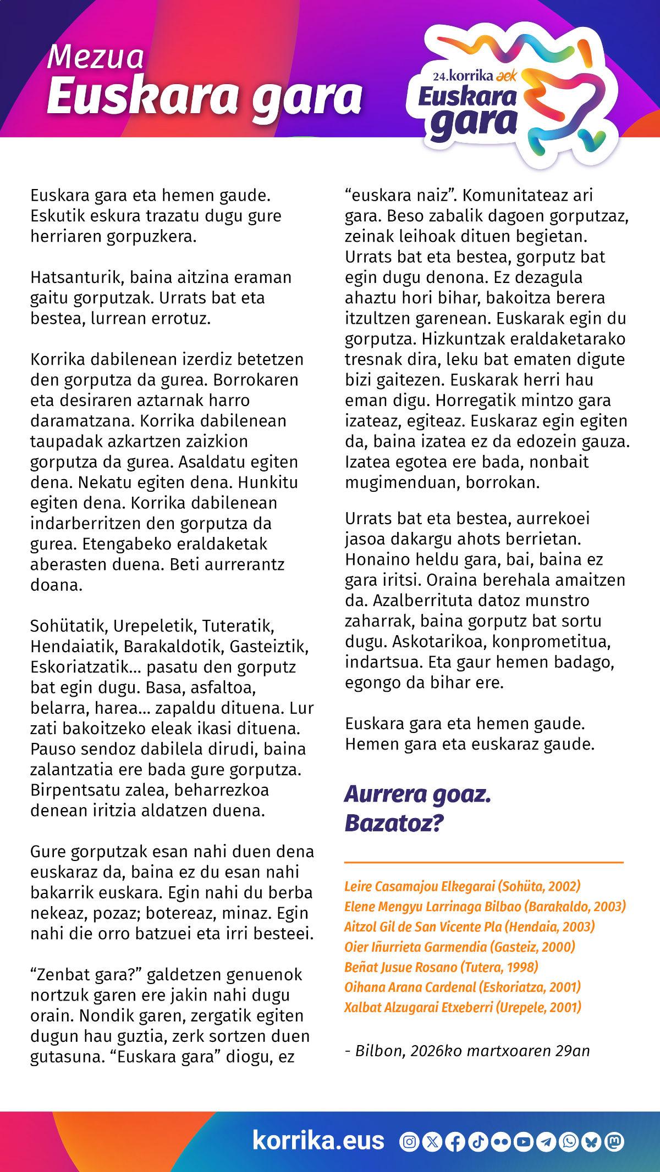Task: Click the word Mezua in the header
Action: tap(95, 58)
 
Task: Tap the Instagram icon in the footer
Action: tap(409, 1142)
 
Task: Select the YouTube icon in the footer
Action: tap(524, 1142)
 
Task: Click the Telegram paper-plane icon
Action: tap(546, 1142)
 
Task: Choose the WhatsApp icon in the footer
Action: tap(569, 1142)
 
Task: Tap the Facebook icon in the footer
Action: tap(455, 1142)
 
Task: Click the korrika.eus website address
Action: tap(318, 1141)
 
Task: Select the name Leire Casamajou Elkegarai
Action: tap(462, 886)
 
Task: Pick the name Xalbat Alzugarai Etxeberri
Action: tap(462, 1007)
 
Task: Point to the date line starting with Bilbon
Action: tap(468, 1051)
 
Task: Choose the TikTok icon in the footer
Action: tap(477, 1142)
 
